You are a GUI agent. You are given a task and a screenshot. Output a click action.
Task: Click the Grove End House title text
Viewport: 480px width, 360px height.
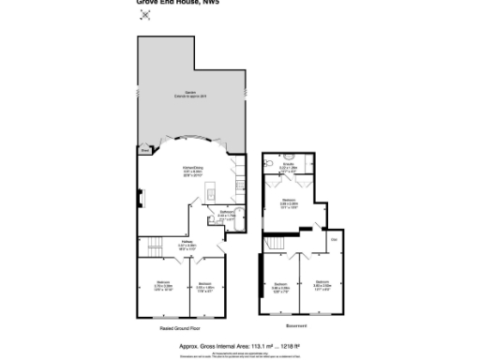169,3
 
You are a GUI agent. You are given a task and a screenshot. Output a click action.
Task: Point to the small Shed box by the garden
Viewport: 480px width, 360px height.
143,149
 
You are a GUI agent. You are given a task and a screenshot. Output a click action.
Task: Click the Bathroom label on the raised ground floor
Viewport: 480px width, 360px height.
227,214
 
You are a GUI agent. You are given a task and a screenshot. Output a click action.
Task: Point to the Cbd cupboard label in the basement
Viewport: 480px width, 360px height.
333,242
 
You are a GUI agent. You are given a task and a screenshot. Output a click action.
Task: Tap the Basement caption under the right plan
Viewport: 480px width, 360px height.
296,327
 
